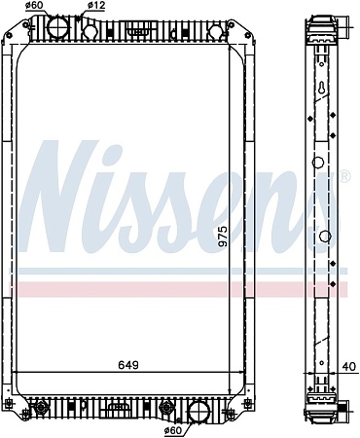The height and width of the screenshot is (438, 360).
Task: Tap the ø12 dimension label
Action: [x=96, y=7]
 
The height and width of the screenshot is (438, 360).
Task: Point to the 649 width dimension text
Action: [x=128, y=366]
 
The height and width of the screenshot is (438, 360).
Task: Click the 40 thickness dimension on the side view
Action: [x=347, y=366]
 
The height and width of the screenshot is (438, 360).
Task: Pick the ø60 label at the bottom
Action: [x=173, y=429]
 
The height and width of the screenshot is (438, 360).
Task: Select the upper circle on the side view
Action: [x=318, y=163]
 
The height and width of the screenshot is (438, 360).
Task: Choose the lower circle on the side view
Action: [x=322, y=236]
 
